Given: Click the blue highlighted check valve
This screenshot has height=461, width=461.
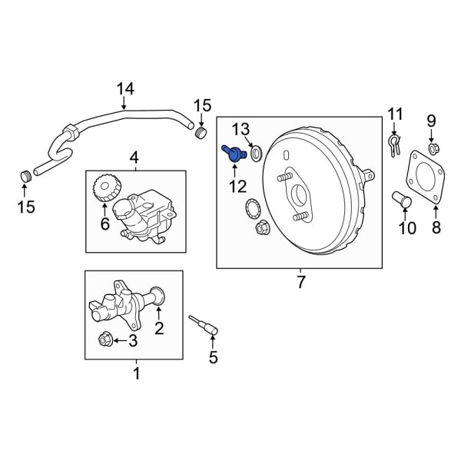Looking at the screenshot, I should pyautogui.click(x=231, y=152).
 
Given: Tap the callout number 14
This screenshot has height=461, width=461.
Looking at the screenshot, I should pyautogui.click(x=125, y=90).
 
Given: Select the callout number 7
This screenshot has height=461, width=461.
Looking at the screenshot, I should pyautogui.click(x=299, y=282).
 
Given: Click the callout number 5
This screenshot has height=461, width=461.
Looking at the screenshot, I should pyautogui.click(x=214, y=357).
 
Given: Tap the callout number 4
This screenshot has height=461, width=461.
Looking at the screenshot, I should pyautogui.click(x=134, y=158).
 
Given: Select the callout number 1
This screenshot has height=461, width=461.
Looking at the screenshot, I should pyautogui.click(x=137, y=374).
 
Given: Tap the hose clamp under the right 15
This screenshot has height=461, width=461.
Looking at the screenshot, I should pyautogui.click(x=201, y=135).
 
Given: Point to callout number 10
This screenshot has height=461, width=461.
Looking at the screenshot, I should pyautogui.click(x=406, y=227).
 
